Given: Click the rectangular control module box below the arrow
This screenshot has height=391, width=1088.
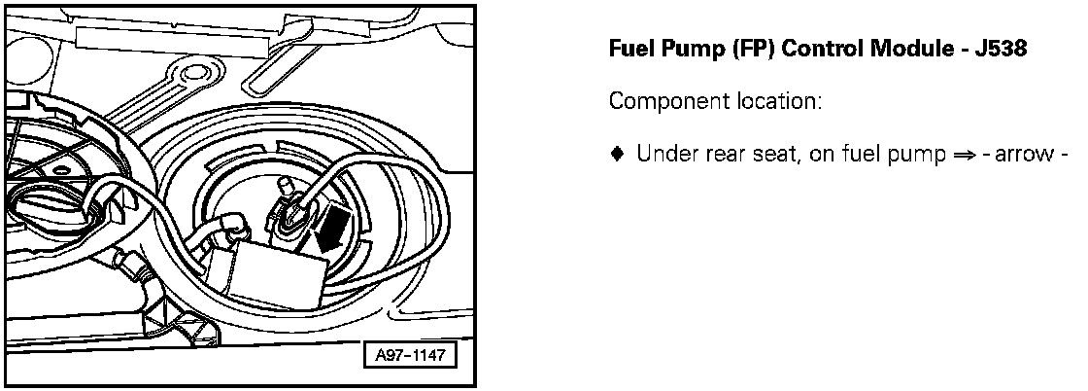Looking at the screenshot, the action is pos(277,270).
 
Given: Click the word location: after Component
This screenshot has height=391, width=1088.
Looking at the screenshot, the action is pos(774,101).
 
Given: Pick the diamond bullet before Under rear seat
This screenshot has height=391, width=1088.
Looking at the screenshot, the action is pos(616,154).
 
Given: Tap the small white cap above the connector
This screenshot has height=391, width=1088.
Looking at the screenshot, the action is pos(285,185).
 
